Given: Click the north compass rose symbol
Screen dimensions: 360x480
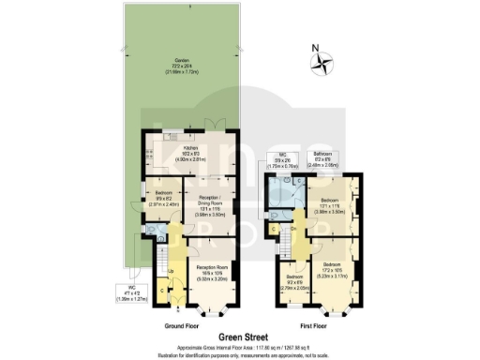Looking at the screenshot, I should point(324,65).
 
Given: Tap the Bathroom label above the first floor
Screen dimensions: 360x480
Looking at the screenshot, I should point(323,157).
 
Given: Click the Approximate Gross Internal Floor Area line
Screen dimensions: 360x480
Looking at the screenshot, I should point(239,343).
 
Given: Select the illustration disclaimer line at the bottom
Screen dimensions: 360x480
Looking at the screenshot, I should point(239,351).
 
